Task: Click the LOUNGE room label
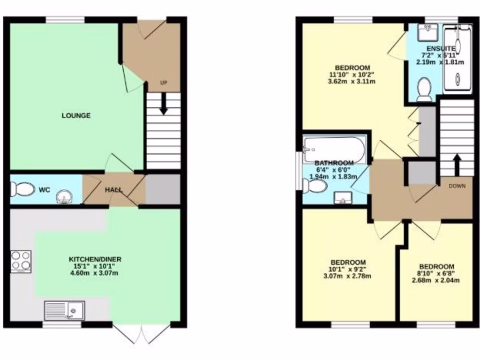(76, 116)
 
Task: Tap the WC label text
(45, 190)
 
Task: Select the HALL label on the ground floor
(113, 190)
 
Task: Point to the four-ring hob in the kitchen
(21, 262)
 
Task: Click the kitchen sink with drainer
(64, 310)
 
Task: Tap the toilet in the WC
(22, 189)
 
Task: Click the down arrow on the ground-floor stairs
(164, 104)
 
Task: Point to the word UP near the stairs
(164, 83)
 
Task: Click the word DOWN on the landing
(457, 186)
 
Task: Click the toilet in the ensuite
(425, 89)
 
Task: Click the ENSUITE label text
(440, 48)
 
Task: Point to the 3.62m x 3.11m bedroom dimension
(352, 81)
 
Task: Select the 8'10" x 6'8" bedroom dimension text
(436, 274)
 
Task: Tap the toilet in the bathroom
(315, 187)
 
